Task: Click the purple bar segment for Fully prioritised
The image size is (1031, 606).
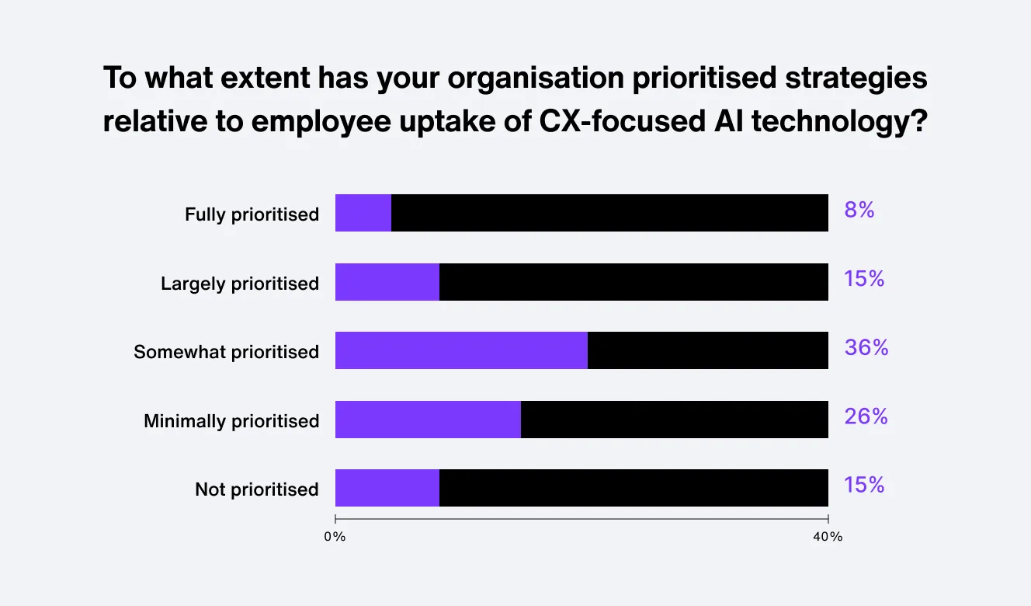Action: tap(363, 213)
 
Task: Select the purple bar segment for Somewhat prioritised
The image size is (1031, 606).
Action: tap(461, 350)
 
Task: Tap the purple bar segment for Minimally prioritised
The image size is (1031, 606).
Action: tap(428, 420)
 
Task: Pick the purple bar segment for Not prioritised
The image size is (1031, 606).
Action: tap(387, 488)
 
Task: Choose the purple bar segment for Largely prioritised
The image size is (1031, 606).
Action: tap(387, 282)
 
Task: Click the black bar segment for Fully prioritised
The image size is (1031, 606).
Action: tap(609, 213)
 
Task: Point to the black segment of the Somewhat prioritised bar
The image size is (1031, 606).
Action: tap(707, 350)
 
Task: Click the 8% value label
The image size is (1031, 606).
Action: tap(859, 210)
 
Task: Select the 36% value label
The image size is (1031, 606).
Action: tap(866, 347)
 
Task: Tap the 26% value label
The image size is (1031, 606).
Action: tap(866, 416)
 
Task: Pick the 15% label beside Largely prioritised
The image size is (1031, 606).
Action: tap(864, 279)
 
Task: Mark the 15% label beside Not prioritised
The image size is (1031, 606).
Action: tap(864, 485)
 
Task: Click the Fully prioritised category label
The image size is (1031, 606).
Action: tap(252, 214)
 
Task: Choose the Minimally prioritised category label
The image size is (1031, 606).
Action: tap(231, 421)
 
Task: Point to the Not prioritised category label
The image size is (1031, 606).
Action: tap(257, 489)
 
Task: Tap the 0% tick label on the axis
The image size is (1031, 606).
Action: tap(335, 537)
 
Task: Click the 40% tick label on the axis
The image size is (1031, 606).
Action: tap(828, 537)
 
